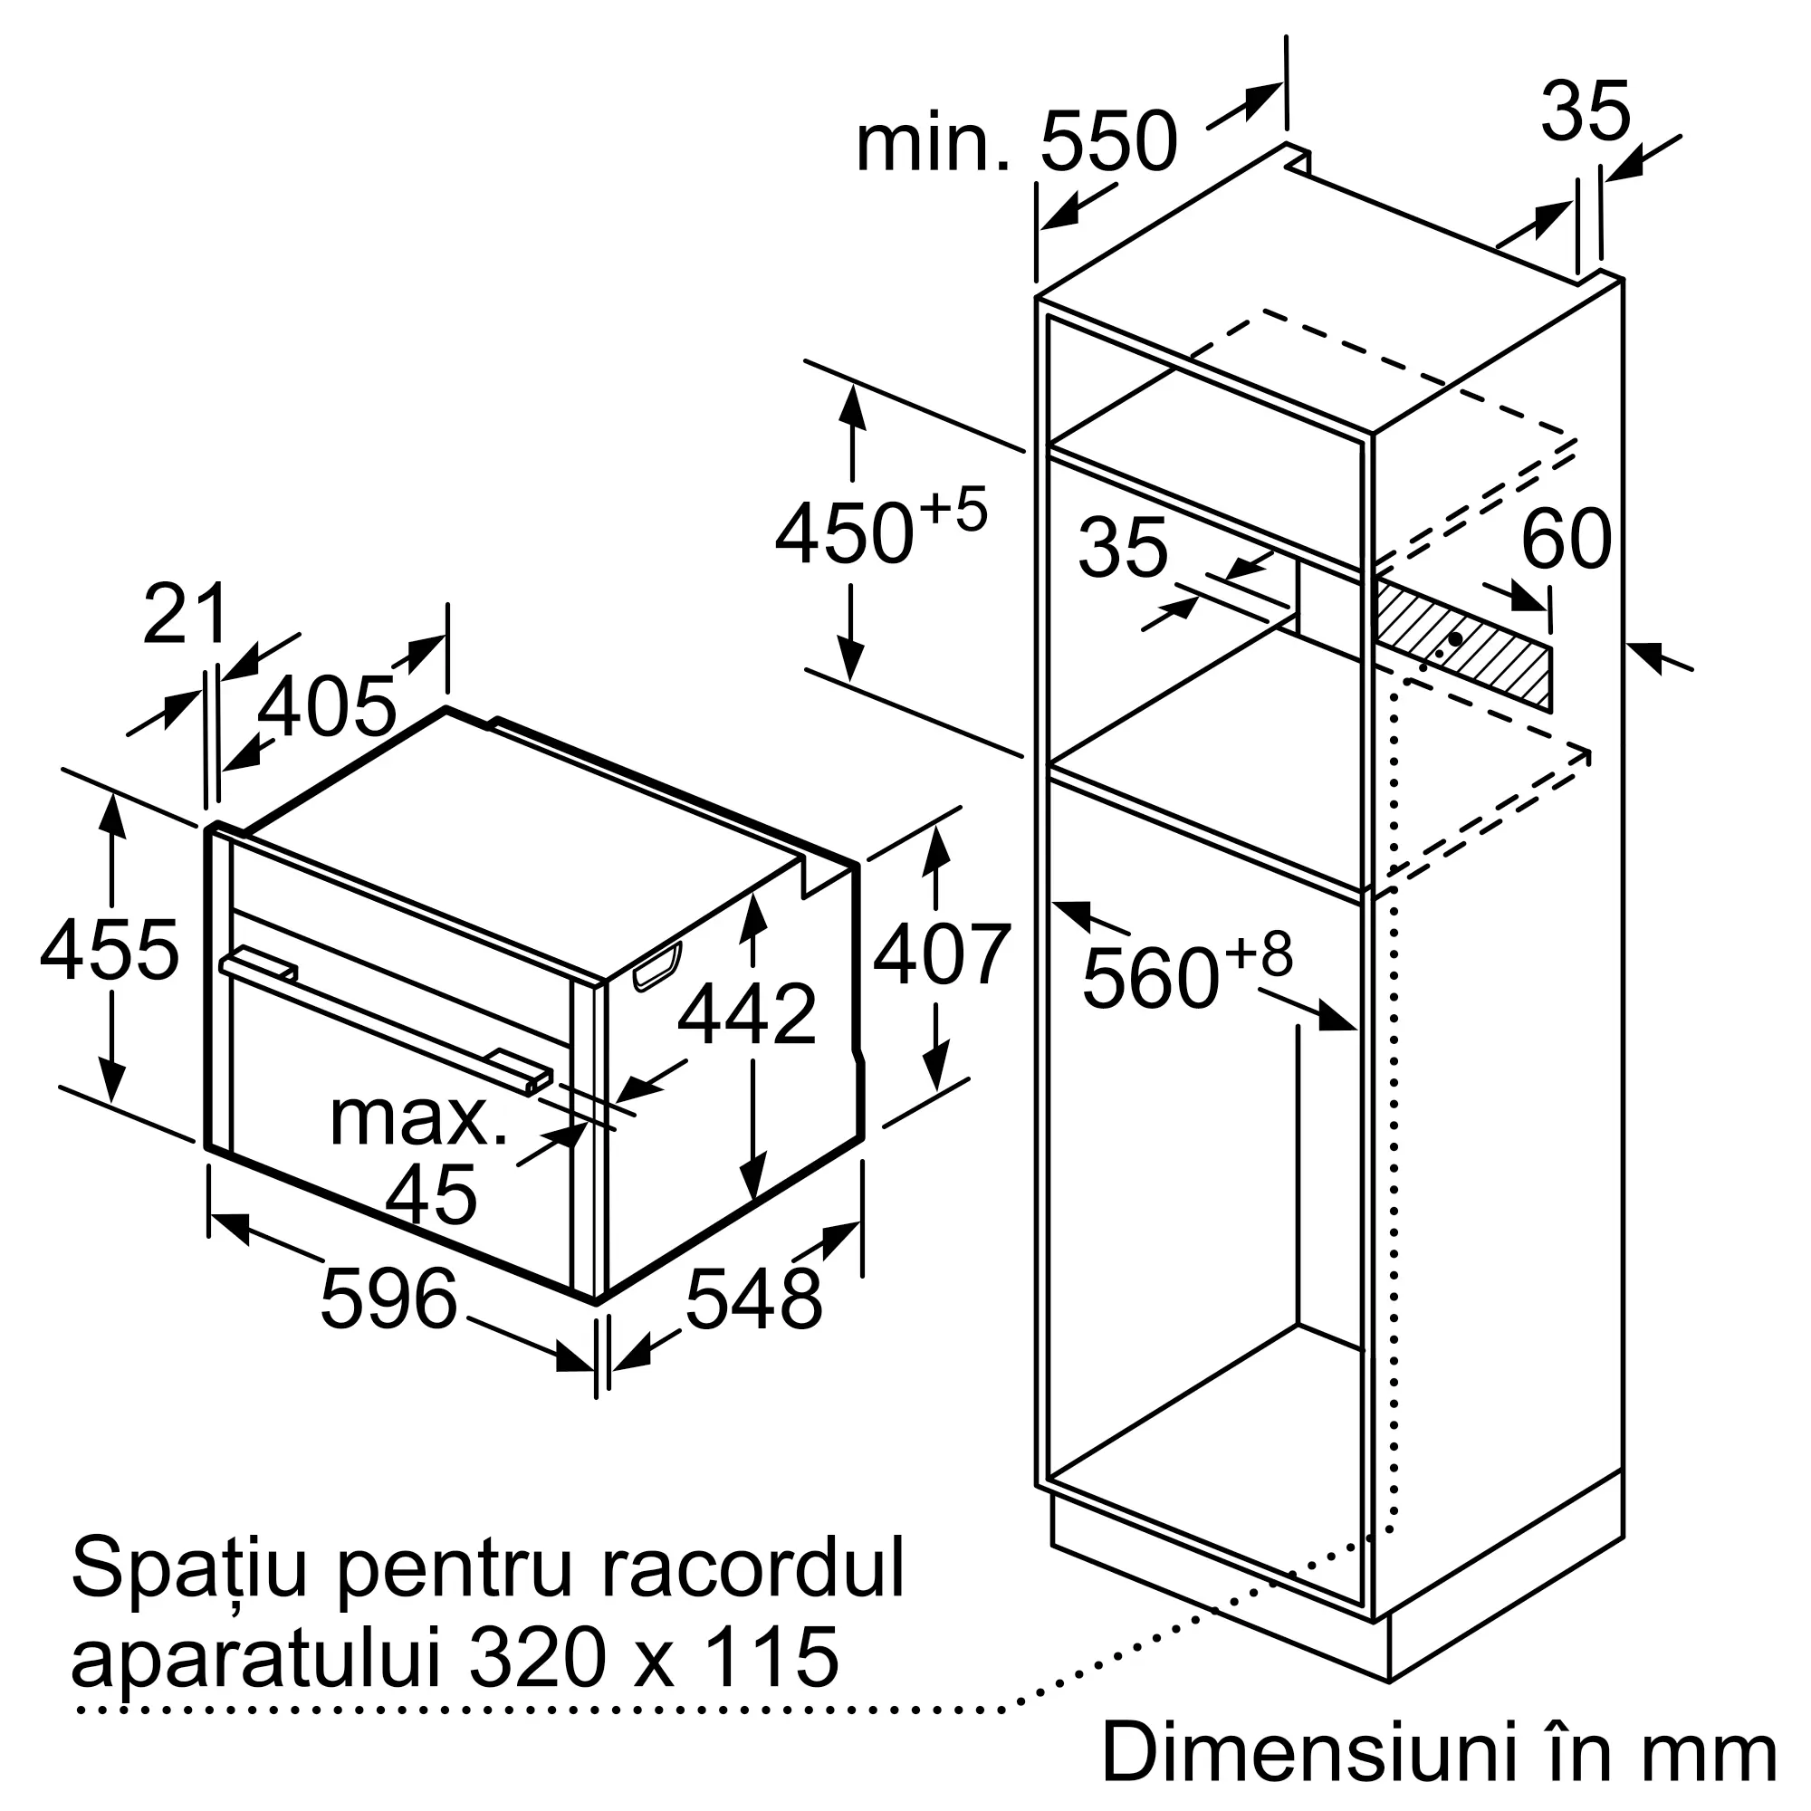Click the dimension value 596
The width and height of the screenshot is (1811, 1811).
tap(388, 1298)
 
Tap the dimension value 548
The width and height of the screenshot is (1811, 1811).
tap(753, 1298)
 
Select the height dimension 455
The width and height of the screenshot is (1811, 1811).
tap(109, 951)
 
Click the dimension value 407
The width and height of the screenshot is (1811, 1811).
tap(941, 955)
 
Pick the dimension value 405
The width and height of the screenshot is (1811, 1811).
tap(326, 706)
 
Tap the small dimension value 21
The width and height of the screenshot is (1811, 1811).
tap(186, 615)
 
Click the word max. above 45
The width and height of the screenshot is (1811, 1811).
tap(418, 1118)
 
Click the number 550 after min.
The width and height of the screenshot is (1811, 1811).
tap(1108, 141)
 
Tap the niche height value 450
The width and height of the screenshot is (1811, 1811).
tap(844, 535)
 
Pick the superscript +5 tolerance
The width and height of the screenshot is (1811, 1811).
tap(953, 509)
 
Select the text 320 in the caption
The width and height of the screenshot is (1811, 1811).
tap(535, 1657)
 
